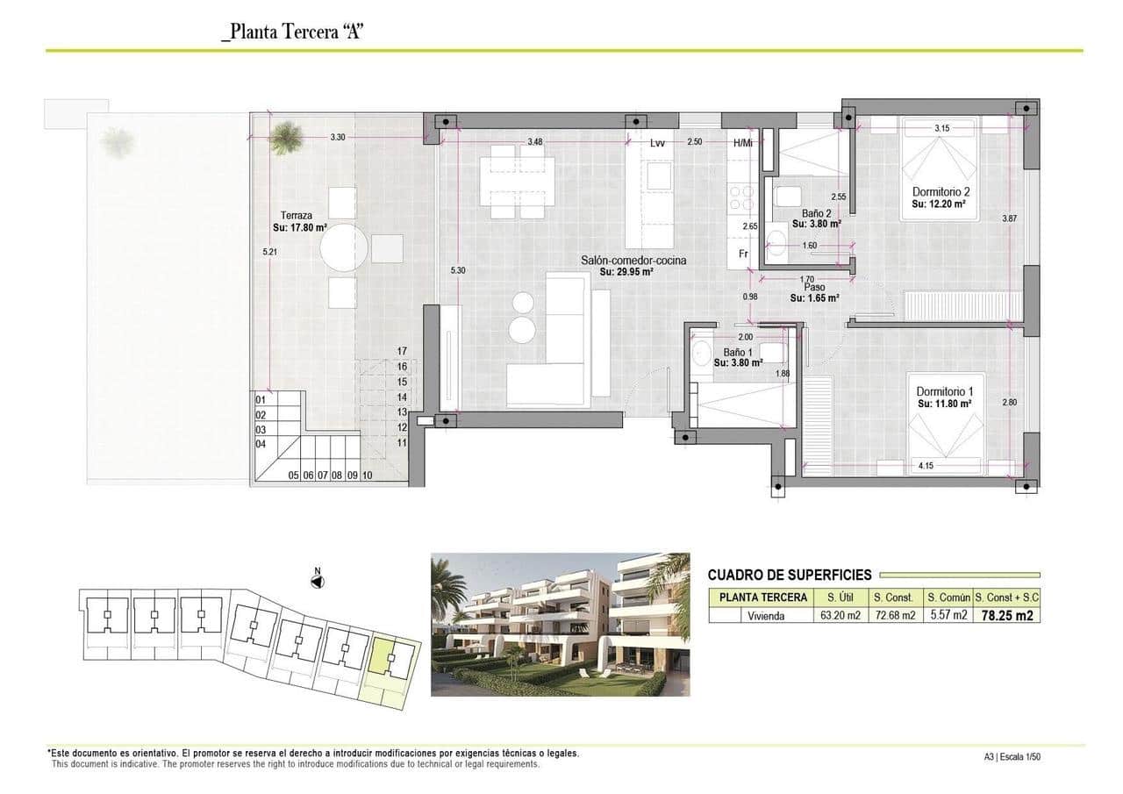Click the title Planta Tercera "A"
[292, 32]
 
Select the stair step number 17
[402, 350]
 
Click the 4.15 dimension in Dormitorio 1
[926, 465]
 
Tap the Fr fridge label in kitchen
[742, 254]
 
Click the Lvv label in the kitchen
[657, 142]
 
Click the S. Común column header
[948, 597]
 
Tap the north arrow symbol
[318, 580]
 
